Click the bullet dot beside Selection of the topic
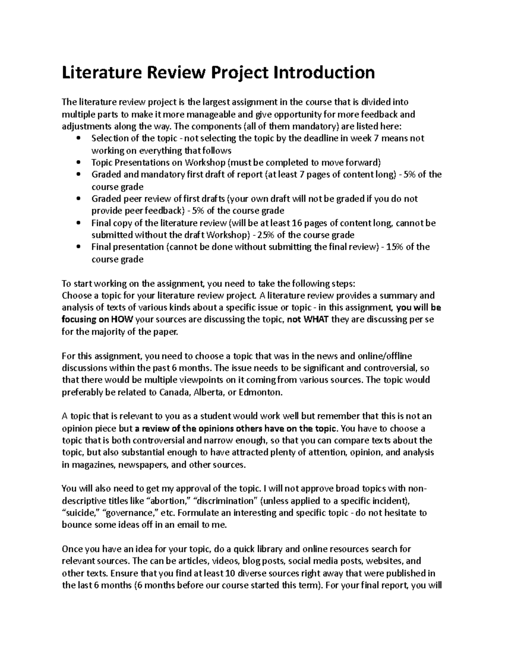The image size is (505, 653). click(x=79, y=139)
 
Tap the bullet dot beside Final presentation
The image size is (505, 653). click(x=79, y=247)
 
